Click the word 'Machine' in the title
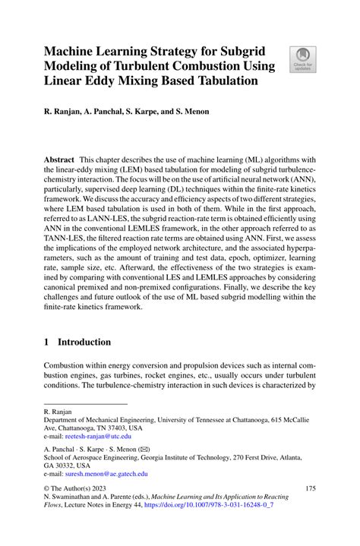76,52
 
